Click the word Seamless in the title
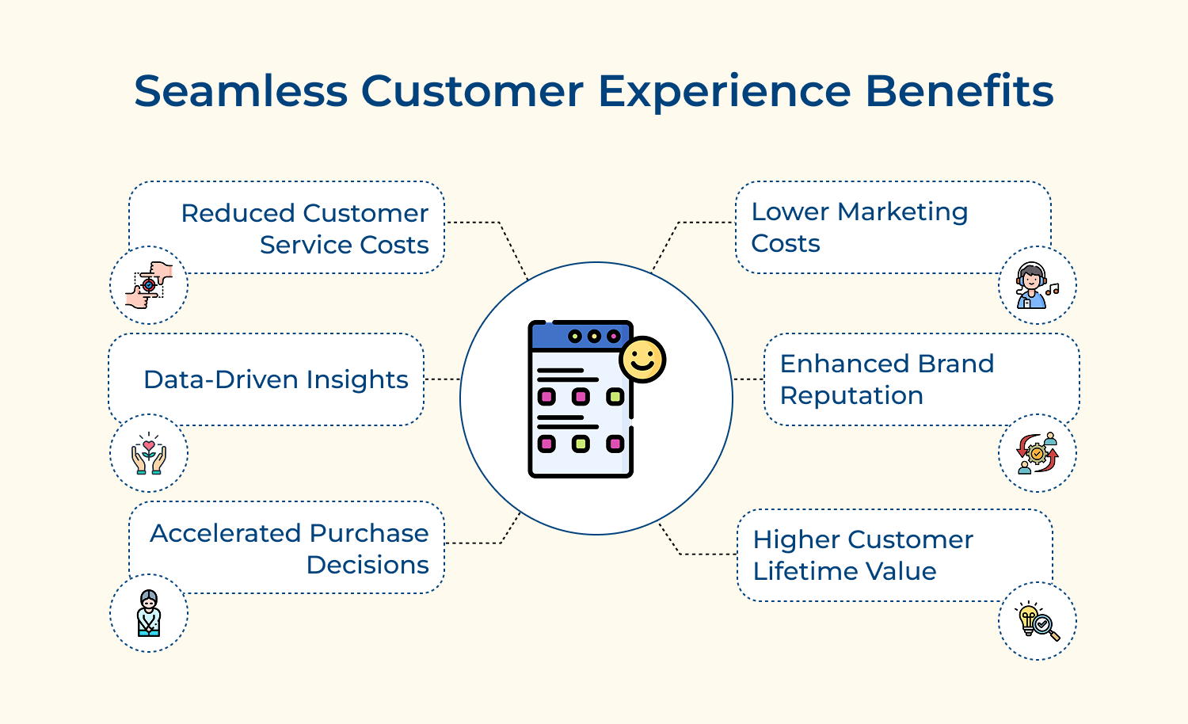tap(241, 91)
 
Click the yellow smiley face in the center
tap(642, 360)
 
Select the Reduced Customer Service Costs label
tap(305, 229)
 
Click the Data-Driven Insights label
tap(276, 379)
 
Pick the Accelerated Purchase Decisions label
tap(289, 549)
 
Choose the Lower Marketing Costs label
tap(859, 227)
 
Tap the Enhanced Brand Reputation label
tap(886, 379)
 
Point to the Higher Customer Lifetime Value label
tap(862, 555)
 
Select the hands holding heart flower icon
tap(149, 454)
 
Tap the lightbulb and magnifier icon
tap(1038, 622)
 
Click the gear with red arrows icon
tap(1038, 454)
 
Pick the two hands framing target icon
tap(149, 286)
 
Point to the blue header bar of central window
tap(580, 337)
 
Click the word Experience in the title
tap(724, 91)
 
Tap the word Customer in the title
tap(472, 91)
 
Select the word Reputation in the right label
tap(851, 395)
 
